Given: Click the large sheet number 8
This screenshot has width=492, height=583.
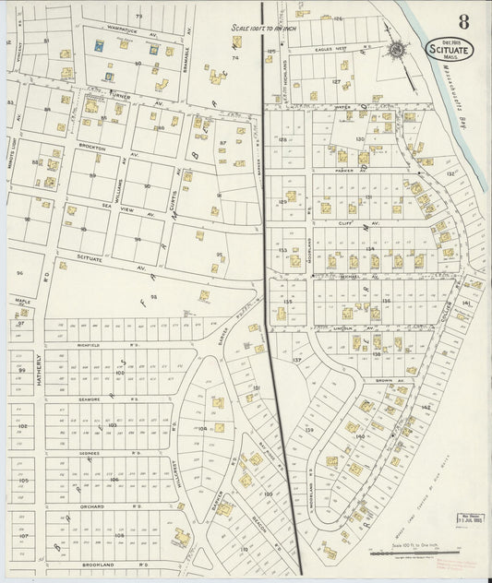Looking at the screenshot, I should click(462, 21).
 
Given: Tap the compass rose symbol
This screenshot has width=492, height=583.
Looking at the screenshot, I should click(397, 50).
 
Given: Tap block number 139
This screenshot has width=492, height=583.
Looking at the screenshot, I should click(309, 430).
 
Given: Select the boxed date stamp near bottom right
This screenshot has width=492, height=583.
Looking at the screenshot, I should click(471, 518).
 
